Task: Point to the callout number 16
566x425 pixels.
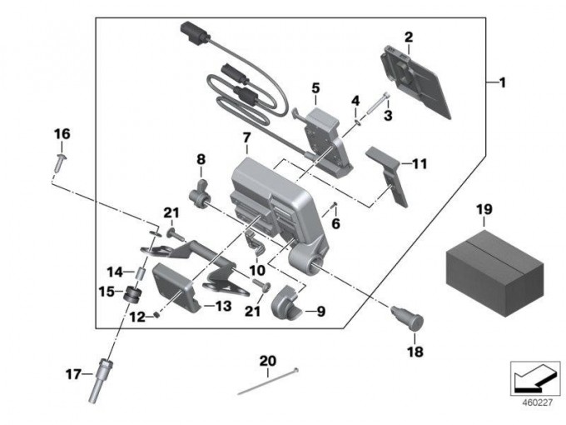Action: click(x=62, y=134)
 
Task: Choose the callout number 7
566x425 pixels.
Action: click(x=246, y=137)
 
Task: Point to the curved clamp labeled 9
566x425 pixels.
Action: click(x=288, y=302)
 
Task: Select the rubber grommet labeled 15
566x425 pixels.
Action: click(x=130, y=295)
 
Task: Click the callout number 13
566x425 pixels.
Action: click(x=222, y=307)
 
